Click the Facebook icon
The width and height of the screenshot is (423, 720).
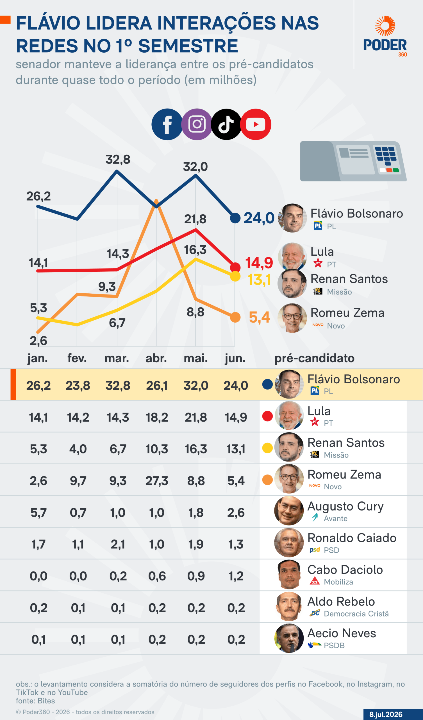pos(167,124)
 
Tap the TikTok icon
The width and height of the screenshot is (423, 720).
pos(226,124)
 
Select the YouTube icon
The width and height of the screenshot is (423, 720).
pos(256,124)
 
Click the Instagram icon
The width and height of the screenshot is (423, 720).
pos(197,124)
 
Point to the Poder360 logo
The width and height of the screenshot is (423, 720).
pos(385,36)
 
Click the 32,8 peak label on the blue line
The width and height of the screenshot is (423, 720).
pos(118,159)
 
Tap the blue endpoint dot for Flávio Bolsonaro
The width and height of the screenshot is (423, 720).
pos(235,218)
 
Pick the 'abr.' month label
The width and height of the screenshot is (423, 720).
pos(156,358)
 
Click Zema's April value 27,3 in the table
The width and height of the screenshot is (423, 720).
pos(157,481)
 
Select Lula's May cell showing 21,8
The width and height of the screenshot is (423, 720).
pos(196,417)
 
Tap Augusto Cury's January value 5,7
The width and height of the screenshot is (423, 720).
pos(38,512)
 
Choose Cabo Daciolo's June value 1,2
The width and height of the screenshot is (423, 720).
pos(236,576)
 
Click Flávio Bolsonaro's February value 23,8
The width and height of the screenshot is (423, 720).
pos(78,385)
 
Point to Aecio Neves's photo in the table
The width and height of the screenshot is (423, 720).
pos(289,638)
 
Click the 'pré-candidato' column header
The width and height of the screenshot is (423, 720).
pos(315,358)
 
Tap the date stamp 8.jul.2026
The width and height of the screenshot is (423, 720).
pos(386,714)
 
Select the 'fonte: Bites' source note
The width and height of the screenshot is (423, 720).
pos(35,701)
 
